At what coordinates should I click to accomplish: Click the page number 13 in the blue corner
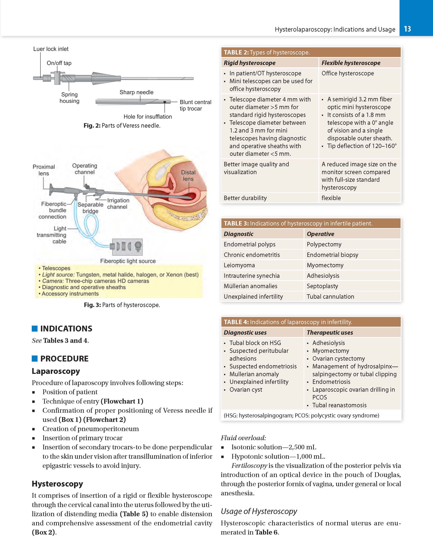pyautogui.click(x=407, y=29)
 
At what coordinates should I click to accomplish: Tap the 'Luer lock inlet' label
pyautogui.click(x=51, y=49)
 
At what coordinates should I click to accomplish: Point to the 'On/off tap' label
pyautogui.click(x=59, y=63)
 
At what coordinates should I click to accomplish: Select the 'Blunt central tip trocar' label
pyautogui.click(x=195, y=105)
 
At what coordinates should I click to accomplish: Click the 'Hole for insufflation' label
pyautogui.click(x=147, y=117)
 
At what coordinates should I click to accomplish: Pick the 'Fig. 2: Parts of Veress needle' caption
pyautogui.click(x=122, y=126)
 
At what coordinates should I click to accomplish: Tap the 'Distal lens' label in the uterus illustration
pyautogui.click(x=188, y=176)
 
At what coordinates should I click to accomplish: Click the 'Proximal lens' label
pyautogui.click(x=44, y=170)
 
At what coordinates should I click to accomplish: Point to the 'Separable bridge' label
pyautogui.click(x=90, y=208)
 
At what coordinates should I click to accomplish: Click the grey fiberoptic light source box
pyautogui.click(x=127, y=247)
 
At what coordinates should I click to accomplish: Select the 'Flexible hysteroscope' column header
pyautogui.click(x=351, y=63)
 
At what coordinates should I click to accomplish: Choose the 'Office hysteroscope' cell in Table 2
pyautogui.click(x=348, y=73)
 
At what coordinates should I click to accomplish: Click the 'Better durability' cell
pyautogui.click(x=245, y=198)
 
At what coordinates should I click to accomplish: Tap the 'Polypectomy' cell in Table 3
pyautogui.click(x=324, y=244)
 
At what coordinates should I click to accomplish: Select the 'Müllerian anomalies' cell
pyautogui.click(x=250, y=286)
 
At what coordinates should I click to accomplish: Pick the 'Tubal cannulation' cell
pyautogui.click(x=330, y=297)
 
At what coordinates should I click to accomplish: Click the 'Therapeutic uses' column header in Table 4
pyautogui.click(x=330, y=333)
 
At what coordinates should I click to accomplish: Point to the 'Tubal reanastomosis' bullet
pyautogui.click(x=339, y=405)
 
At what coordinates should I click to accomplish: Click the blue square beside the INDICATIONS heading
pyautogui.click(x=35, y=328)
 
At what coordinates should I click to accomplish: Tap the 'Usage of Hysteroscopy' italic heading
pyautogui.click(x=259, y=511)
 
